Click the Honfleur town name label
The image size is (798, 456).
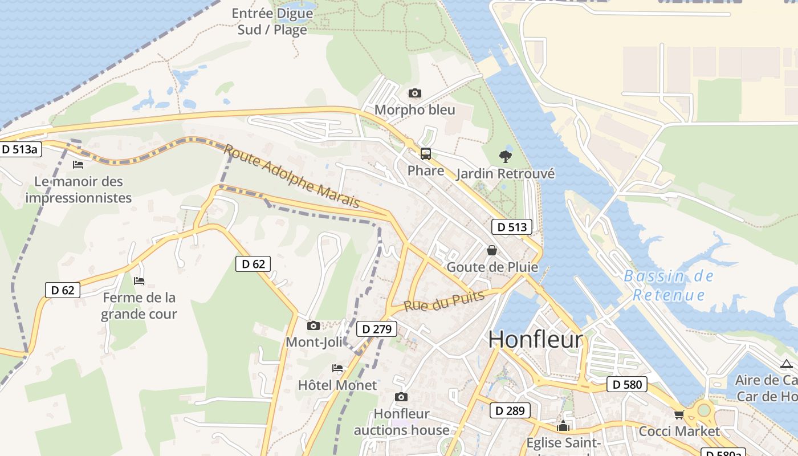[536, 340]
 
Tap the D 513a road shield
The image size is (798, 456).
[20, 149]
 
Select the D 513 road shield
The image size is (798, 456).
[511, 227]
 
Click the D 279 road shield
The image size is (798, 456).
[376, 329]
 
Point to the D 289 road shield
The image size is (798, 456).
[510, 410]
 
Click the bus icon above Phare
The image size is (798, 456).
[426, 153]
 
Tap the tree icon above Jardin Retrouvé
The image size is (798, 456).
[505, 156]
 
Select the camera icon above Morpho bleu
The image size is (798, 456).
[415, 93]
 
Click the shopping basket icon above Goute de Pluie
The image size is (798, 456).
[491, 250]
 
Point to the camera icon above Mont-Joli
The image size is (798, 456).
[313, 325]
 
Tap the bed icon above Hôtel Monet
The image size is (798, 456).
[337, 368]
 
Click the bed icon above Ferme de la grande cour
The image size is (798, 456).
[139, 280]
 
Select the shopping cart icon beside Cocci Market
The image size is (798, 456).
[679, 414]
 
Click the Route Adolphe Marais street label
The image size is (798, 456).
[291, 176]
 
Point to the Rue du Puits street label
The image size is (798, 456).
[444, 300]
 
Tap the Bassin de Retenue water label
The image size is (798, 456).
[669, 286]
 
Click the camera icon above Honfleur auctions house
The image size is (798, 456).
[401, 397]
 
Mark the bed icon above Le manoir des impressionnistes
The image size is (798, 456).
[78, 165]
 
